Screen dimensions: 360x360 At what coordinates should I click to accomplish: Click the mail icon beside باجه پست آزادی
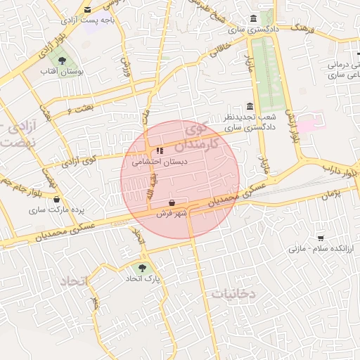[88, 9]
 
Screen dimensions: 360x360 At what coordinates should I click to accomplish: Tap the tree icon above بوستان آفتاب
[63, 61]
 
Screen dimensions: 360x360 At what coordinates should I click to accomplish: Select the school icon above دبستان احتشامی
[160, 150]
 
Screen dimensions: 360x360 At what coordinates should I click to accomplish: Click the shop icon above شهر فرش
[172, 202]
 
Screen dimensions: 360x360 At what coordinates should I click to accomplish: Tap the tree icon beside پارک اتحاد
[143, 268]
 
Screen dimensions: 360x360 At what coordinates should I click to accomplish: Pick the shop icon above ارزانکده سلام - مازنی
[321, 238]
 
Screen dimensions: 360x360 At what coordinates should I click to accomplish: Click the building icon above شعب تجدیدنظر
[250, 105]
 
